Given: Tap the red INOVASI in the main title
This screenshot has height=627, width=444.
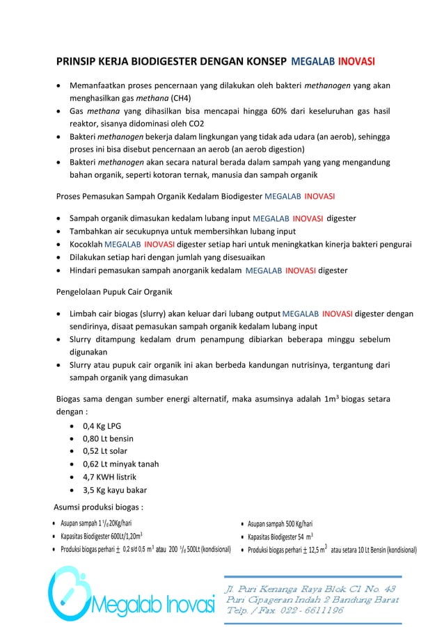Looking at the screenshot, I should click(x=356, y=63).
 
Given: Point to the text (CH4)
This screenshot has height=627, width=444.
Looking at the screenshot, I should click(x=181, y=98).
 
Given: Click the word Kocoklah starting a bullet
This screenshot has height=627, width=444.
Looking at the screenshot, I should click(x=85, y=244).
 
